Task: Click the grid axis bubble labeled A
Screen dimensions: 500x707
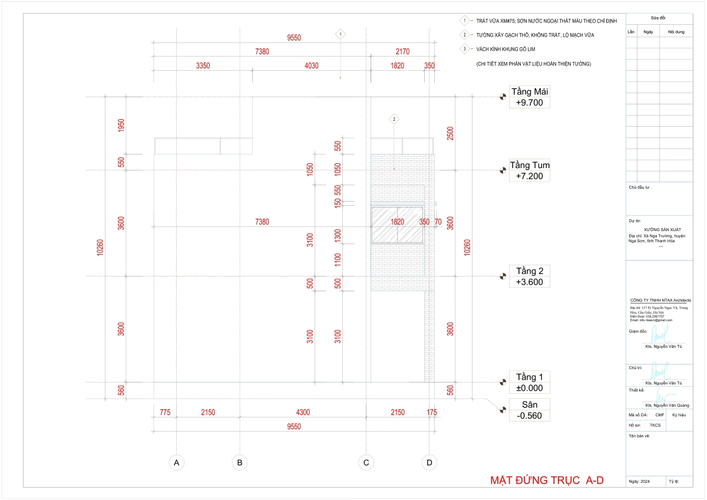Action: (176, 463)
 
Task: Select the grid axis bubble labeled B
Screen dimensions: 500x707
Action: (239, 463)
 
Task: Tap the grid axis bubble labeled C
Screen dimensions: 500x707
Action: (366, 463)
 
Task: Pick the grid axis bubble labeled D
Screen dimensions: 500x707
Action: (429, 463)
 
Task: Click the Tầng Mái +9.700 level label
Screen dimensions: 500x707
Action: (530, 97)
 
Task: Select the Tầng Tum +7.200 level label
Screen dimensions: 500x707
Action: (530, 170)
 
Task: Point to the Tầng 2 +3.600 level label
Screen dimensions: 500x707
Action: (530, 277)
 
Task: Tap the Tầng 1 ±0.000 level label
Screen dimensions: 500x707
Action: (530, 383)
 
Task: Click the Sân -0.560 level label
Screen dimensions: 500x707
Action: (530, 410)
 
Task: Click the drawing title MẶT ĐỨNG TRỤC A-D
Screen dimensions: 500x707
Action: (547, 481)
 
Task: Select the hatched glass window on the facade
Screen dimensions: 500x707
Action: (398, 225)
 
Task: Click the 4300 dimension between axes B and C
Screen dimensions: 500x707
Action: (303, 412)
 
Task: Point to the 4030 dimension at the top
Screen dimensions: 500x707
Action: (311, 65)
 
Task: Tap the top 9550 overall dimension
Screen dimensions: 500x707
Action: (294, 38)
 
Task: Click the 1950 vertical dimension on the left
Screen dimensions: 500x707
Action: (121, 126)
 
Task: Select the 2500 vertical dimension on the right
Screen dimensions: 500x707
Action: (450, 134)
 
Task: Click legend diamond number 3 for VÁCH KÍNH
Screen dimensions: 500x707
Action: (464, 49)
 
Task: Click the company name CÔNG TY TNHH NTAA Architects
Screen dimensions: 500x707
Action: (660, 300)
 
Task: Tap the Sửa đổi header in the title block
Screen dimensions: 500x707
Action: (659, 19)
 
